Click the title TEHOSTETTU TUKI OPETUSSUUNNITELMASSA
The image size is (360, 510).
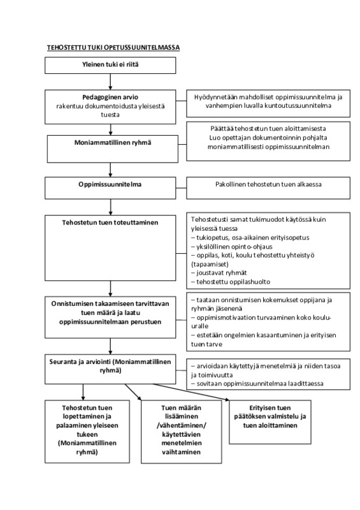(x=113, y=47)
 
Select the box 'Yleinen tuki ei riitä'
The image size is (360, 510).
(x=110, y=66)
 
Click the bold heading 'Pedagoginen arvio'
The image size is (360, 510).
(x=110, y=97)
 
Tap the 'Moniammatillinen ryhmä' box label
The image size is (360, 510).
(x=113, y=142)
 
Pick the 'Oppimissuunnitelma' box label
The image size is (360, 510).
(x=110, y=184)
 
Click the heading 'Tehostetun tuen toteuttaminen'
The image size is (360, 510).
(x=110, y=222)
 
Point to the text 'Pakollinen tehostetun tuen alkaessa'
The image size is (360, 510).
(x=268, y=184)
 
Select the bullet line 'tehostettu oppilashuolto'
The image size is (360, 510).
(x=231, y=282)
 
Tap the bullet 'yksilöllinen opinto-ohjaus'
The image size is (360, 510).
(x=231, y=247)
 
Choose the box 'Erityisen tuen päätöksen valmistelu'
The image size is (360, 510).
(x=270, y=422)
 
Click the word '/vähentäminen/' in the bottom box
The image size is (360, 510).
(x=182, y=425)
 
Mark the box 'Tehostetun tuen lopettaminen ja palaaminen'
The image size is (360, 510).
(x=87, y=432)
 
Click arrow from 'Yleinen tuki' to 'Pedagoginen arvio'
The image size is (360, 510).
(x=111, y=82)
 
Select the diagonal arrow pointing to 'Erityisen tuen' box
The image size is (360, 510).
(x=191, y=392)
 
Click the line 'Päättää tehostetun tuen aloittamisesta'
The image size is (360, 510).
(x=268, y=129)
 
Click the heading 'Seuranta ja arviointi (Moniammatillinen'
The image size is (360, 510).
(x=110, y=361)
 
